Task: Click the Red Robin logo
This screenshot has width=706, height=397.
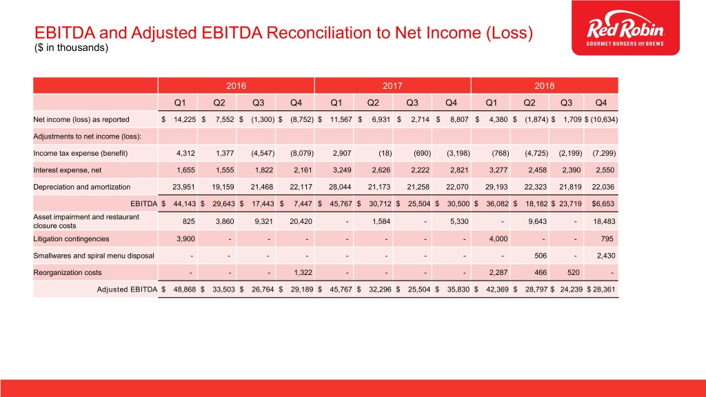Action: [625, 28]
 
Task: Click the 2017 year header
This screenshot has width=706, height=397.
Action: [392, 85]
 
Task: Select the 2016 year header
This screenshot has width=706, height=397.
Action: [236, 85]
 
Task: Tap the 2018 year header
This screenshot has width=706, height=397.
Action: [545, 85]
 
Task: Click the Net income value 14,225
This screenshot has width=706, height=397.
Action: [185, 120]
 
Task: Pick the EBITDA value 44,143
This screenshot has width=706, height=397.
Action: [185, 204]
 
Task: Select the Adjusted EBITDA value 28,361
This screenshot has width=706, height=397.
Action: [604, 289]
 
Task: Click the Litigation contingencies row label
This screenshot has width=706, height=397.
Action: [71, 239]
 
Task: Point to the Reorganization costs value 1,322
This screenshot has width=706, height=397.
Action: [303, 273]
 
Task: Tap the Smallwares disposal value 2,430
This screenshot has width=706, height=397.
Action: [605, 256]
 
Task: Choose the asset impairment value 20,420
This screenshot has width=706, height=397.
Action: [301, 221]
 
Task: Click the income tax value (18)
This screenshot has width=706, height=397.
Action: [385, 154]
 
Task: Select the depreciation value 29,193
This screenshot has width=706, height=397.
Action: [496, 187]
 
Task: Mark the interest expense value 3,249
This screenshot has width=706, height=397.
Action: [342, 170]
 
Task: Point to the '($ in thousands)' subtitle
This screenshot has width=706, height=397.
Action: [71, 48]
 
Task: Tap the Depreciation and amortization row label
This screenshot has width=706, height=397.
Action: [81, 187]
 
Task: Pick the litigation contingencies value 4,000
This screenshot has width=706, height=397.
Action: [498, 239]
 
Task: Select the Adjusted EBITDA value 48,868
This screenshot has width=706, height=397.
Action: [185, 289]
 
